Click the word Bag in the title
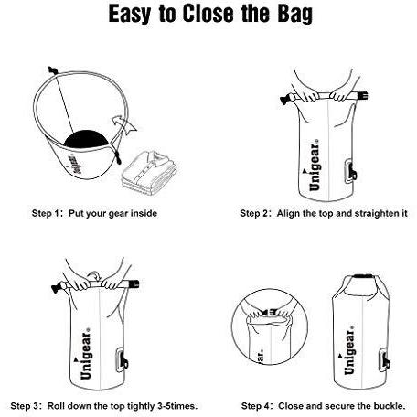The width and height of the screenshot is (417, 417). pos(294,14)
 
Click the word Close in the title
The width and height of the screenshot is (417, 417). pos(208,13)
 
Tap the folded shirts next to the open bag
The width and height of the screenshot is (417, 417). pos(149,170)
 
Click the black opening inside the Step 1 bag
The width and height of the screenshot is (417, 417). pos(87,139)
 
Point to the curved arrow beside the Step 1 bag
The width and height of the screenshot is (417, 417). pos(124,125)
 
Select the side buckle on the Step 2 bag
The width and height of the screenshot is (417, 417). pos(351,171)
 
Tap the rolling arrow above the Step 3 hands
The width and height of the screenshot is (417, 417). pos(94,276)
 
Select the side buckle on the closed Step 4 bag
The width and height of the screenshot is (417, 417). pos(384,360)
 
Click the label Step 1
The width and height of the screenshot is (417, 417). pos(47,213)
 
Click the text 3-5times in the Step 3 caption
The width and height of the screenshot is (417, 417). pos(177,406)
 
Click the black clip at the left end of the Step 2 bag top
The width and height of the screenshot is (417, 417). pos(285,100)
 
